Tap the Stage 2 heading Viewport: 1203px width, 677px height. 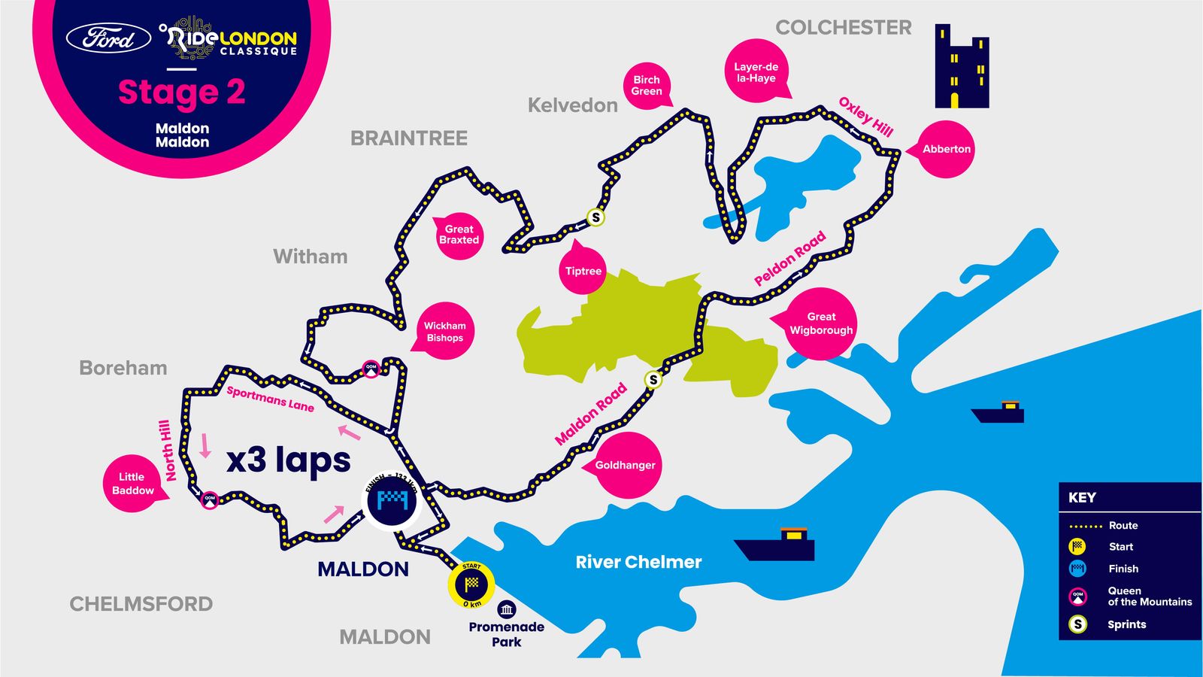click(x=182, y=93)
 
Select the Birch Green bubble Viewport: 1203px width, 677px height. click(x=647, y=86)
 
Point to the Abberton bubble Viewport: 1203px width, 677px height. click(x=946, y=149)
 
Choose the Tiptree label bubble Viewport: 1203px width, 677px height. click(x=583, y=271)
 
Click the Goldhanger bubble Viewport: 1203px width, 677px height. click(x=625, y=465)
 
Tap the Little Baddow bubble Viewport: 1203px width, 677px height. click(x=132, y=484)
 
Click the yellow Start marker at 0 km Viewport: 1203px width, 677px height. click(x=471, y=584)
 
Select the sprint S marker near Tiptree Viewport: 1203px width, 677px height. click(x=595, y=217)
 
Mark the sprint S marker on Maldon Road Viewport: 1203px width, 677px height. click(x=653, y=380)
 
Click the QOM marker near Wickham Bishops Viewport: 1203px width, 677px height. click(x=371, y=369)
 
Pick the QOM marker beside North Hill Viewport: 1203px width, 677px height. click(x=210, y=499)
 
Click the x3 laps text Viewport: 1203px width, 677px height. click(x=289, y=459)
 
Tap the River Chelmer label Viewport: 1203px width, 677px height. click(x=638, y=562)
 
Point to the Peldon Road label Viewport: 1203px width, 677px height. click(x=789, y=258)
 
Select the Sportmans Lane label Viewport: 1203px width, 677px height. click(x=270, y=399)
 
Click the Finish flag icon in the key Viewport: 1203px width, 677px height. click(x=1077, y=569)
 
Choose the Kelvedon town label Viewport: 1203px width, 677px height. click(x=572, y=105)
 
